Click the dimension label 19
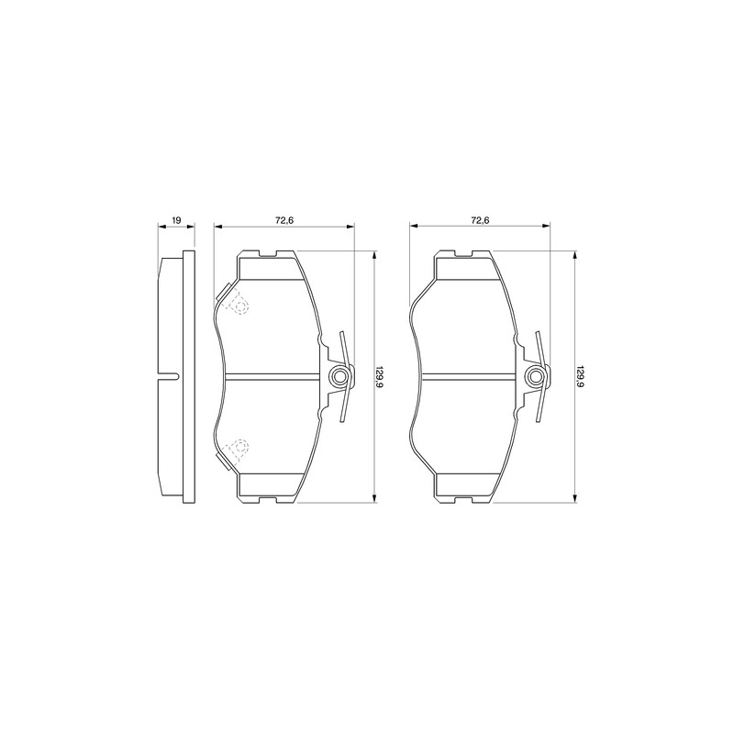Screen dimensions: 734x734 click(x=176, y=219)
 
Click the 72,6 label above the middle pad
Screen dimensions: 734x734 click(x=284, y=219)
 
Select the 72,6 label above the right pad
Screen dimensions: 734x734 click(x=480, y=219)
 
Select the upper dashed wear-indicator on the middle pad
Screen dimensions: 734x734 click(x=236, y=302)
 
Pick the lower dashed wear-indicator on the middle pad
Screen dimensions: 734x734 click(x=236, y=450)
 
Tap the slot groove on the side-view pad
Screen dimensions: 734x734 click(x=169, y=376)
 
